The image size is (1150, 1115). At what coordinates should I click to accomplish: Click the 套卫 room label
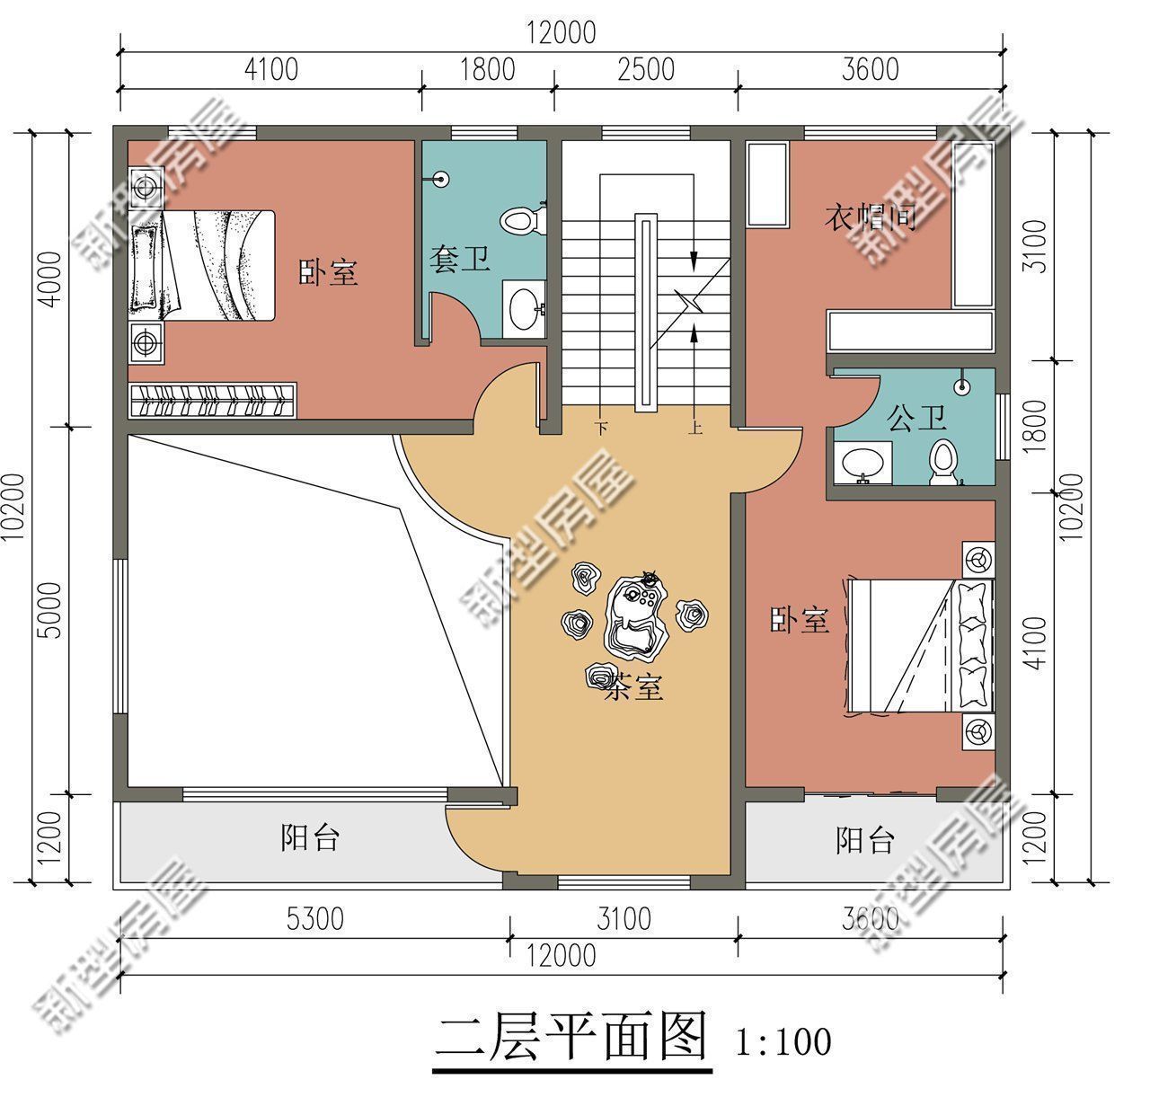pyautogui.click(x=459, y=261)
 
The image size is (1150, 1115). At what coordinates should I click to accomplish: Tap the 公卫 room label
pyautogui.click(x=916, y=418)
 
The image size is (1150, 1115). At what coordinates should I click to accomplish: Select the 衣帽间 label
pyautogui.click(x=871, y=217)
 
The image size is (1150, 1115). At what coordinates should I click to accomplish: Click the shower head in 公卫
pyautogui.click(x=962, y=387)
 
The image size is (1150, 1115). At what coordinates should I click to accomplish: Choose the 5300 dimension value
pyautogui.click(x=314, y=919)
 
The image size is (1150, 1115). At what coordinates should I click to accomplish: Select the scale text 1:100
pyautogui.click(x=783, y=1042)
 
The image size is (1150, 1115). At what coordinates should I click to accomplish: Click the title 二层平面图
pyautogui.click(x=571, y=1039)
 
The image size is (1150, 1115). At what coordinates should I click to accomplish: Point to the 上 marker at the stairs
pyautogui.click(x=694, y=429)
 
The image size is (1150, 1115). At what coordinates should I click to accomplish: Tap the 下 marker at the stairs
pyautogui.click(x=600, y=429)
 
